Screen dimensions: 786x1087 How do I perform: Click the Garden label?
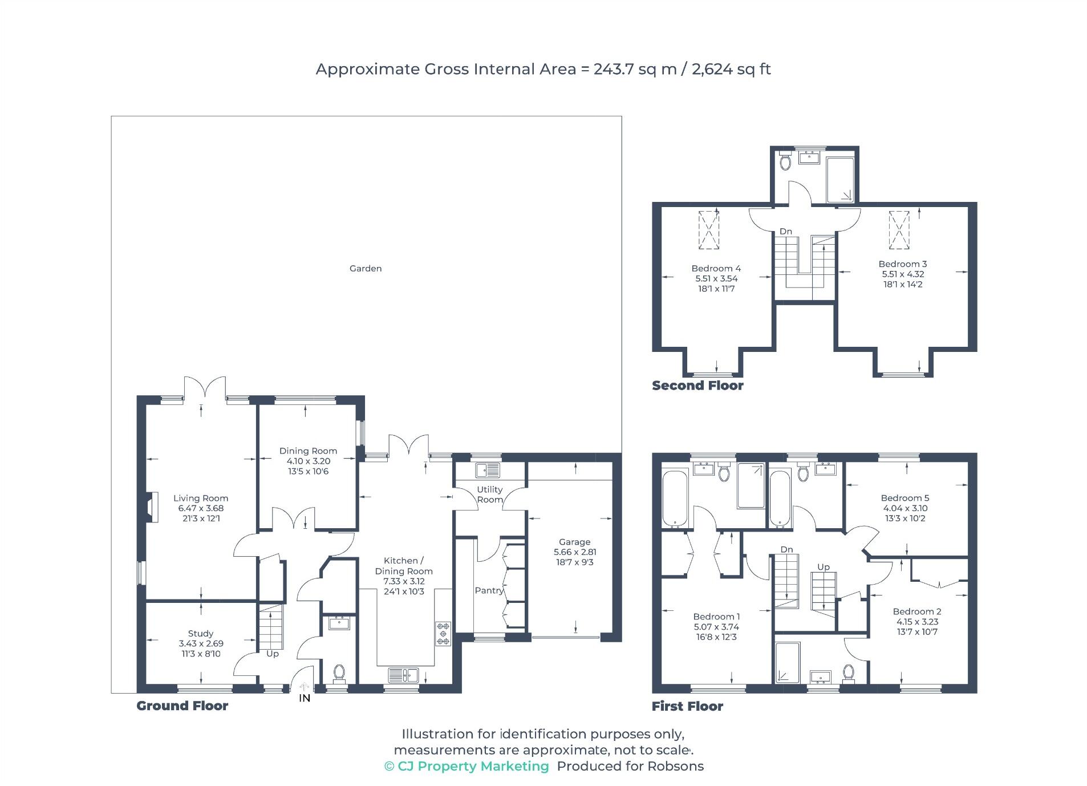[x=365, y=268]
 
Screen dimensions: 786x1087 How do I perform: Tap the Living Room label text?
[x=200, y=498]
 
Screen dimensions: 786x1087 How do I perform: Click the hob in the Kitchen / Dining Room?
[x=443, y=633]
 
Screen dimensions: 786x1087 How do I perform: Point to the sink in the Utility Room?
[x=488, y=470]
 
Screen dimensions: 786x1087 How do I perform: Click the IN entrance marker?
[x=305, y=698]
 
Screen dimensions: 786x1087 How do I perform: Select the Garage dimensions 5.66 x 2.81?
[x=574, y=552]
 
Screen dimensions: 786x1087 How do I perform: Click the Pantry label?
[x=489, y=590]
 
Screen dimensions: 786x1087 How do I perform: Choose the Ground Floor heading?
[x=182, y=706]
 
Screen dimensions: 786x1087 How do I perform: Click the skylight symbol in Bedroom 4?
[x=708, y=230]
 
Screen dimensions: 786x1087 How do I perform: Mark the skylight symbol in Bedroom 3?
[x=899, y=230]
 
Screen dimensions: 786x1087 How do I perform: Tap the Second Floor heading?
[x=697, y=386]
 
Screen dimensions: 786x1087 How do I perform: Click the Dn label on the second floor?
[x=785, y=231]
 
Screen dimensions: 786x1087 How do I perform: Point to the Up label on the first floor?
[x=823, y=566]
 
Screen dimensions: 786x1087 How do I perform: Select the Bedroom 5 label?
[x=905, y=498]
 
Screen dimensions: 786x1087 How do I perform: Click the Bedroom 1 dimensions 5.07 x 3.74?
[x=716, y=626]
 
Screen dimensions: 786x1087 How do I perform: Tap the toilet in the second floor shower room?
[x=785, y=161]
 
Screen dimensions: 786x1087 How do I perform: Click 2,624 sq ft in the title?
[x=731, y=69]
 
